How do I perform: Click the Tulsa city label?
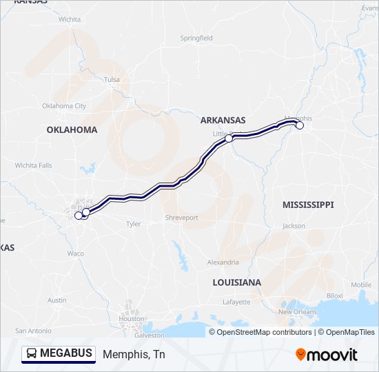click(x=112, y=80)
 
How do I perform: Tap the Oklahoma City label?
click(x=64, y=106)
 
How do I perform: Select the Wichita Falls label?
click(x=34, y=165)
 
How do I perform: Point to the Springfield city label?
click(x=196, y=39)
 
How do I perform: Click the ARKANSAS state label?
click(x=223, y=120)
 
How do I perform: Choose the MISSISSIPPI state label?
click(x=308, y=205)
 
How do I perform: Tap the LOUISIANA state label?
click(x=236, y=282)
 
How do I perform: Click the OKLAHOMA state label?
click(x=72, y=130)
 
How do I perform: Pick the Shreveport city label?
click(x=181, y=218)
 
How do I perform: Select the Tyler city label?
click(x=133, y=224)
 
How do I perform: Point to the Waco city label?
click(x=76, y=254)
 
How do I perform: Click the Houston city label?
click(x=131, y=319)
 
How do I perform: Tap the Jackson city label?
click(x=294, y=226)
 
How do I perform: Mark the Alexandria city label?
click(x=223, y=262)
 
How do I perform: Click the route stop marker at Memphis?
click(x=300, y=125)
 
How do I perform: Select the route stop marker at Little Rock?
click(x=229, y=138)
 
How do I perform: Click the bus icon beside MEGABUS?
click(x=32, y=353)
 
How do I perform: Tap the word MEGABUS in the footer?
click(x=66, y=353)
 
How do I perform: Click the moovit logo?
click(x=327, y=354)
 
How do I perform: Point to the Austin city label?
click(x=57, y=300)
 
